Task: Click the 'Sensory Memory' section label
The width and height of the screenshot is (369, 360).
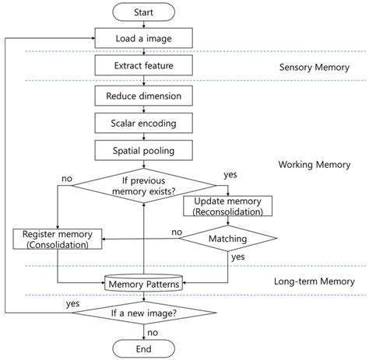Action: (x=313, y=68)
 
